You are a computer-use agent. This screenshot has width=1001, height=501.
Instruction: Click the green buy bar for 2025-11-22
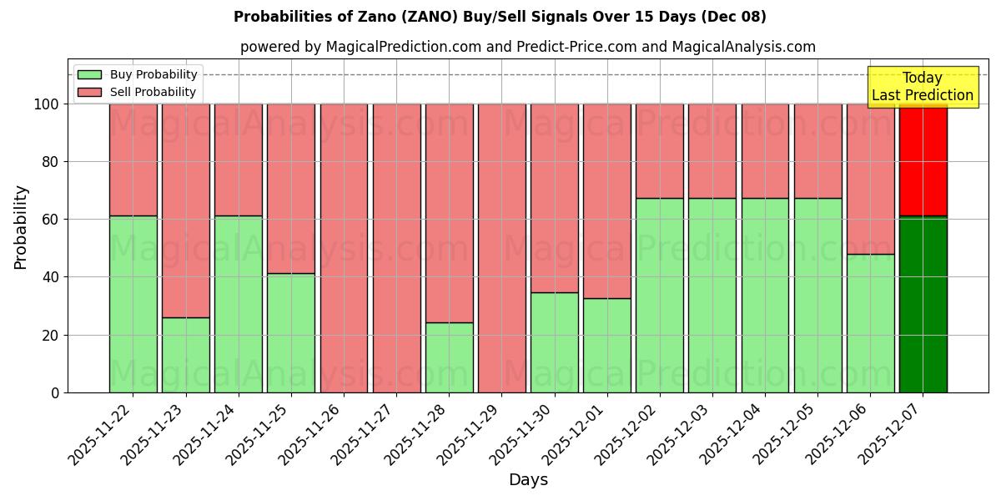point(133,305)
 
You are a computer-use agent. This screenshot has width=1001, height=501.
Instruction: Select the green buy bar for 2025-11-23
point(185,355)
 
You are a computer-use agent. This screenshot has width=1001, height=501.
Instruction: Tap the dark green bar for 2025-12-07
point(923,305)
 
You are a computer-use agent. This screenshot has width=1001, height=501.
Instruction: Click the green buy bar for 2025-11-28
point(449,357)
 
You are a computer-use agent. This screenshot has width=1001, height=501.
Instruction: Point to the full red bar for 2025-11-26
point(344,248)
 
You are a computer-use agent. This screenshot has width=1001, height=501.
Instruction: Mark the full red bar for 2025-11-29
point(501,248)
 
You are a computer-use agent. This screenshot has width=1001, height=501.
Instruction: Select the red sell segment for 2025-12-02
point(660,150)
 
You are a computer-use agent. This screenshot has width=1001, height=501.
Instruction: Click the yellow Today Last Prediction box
point(922,87)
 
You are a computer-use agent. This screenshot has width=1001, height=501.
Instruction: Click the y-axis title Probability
point(21,227)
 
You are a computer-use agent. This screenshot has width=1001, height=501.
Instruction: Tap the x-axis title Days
point(528,480)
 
